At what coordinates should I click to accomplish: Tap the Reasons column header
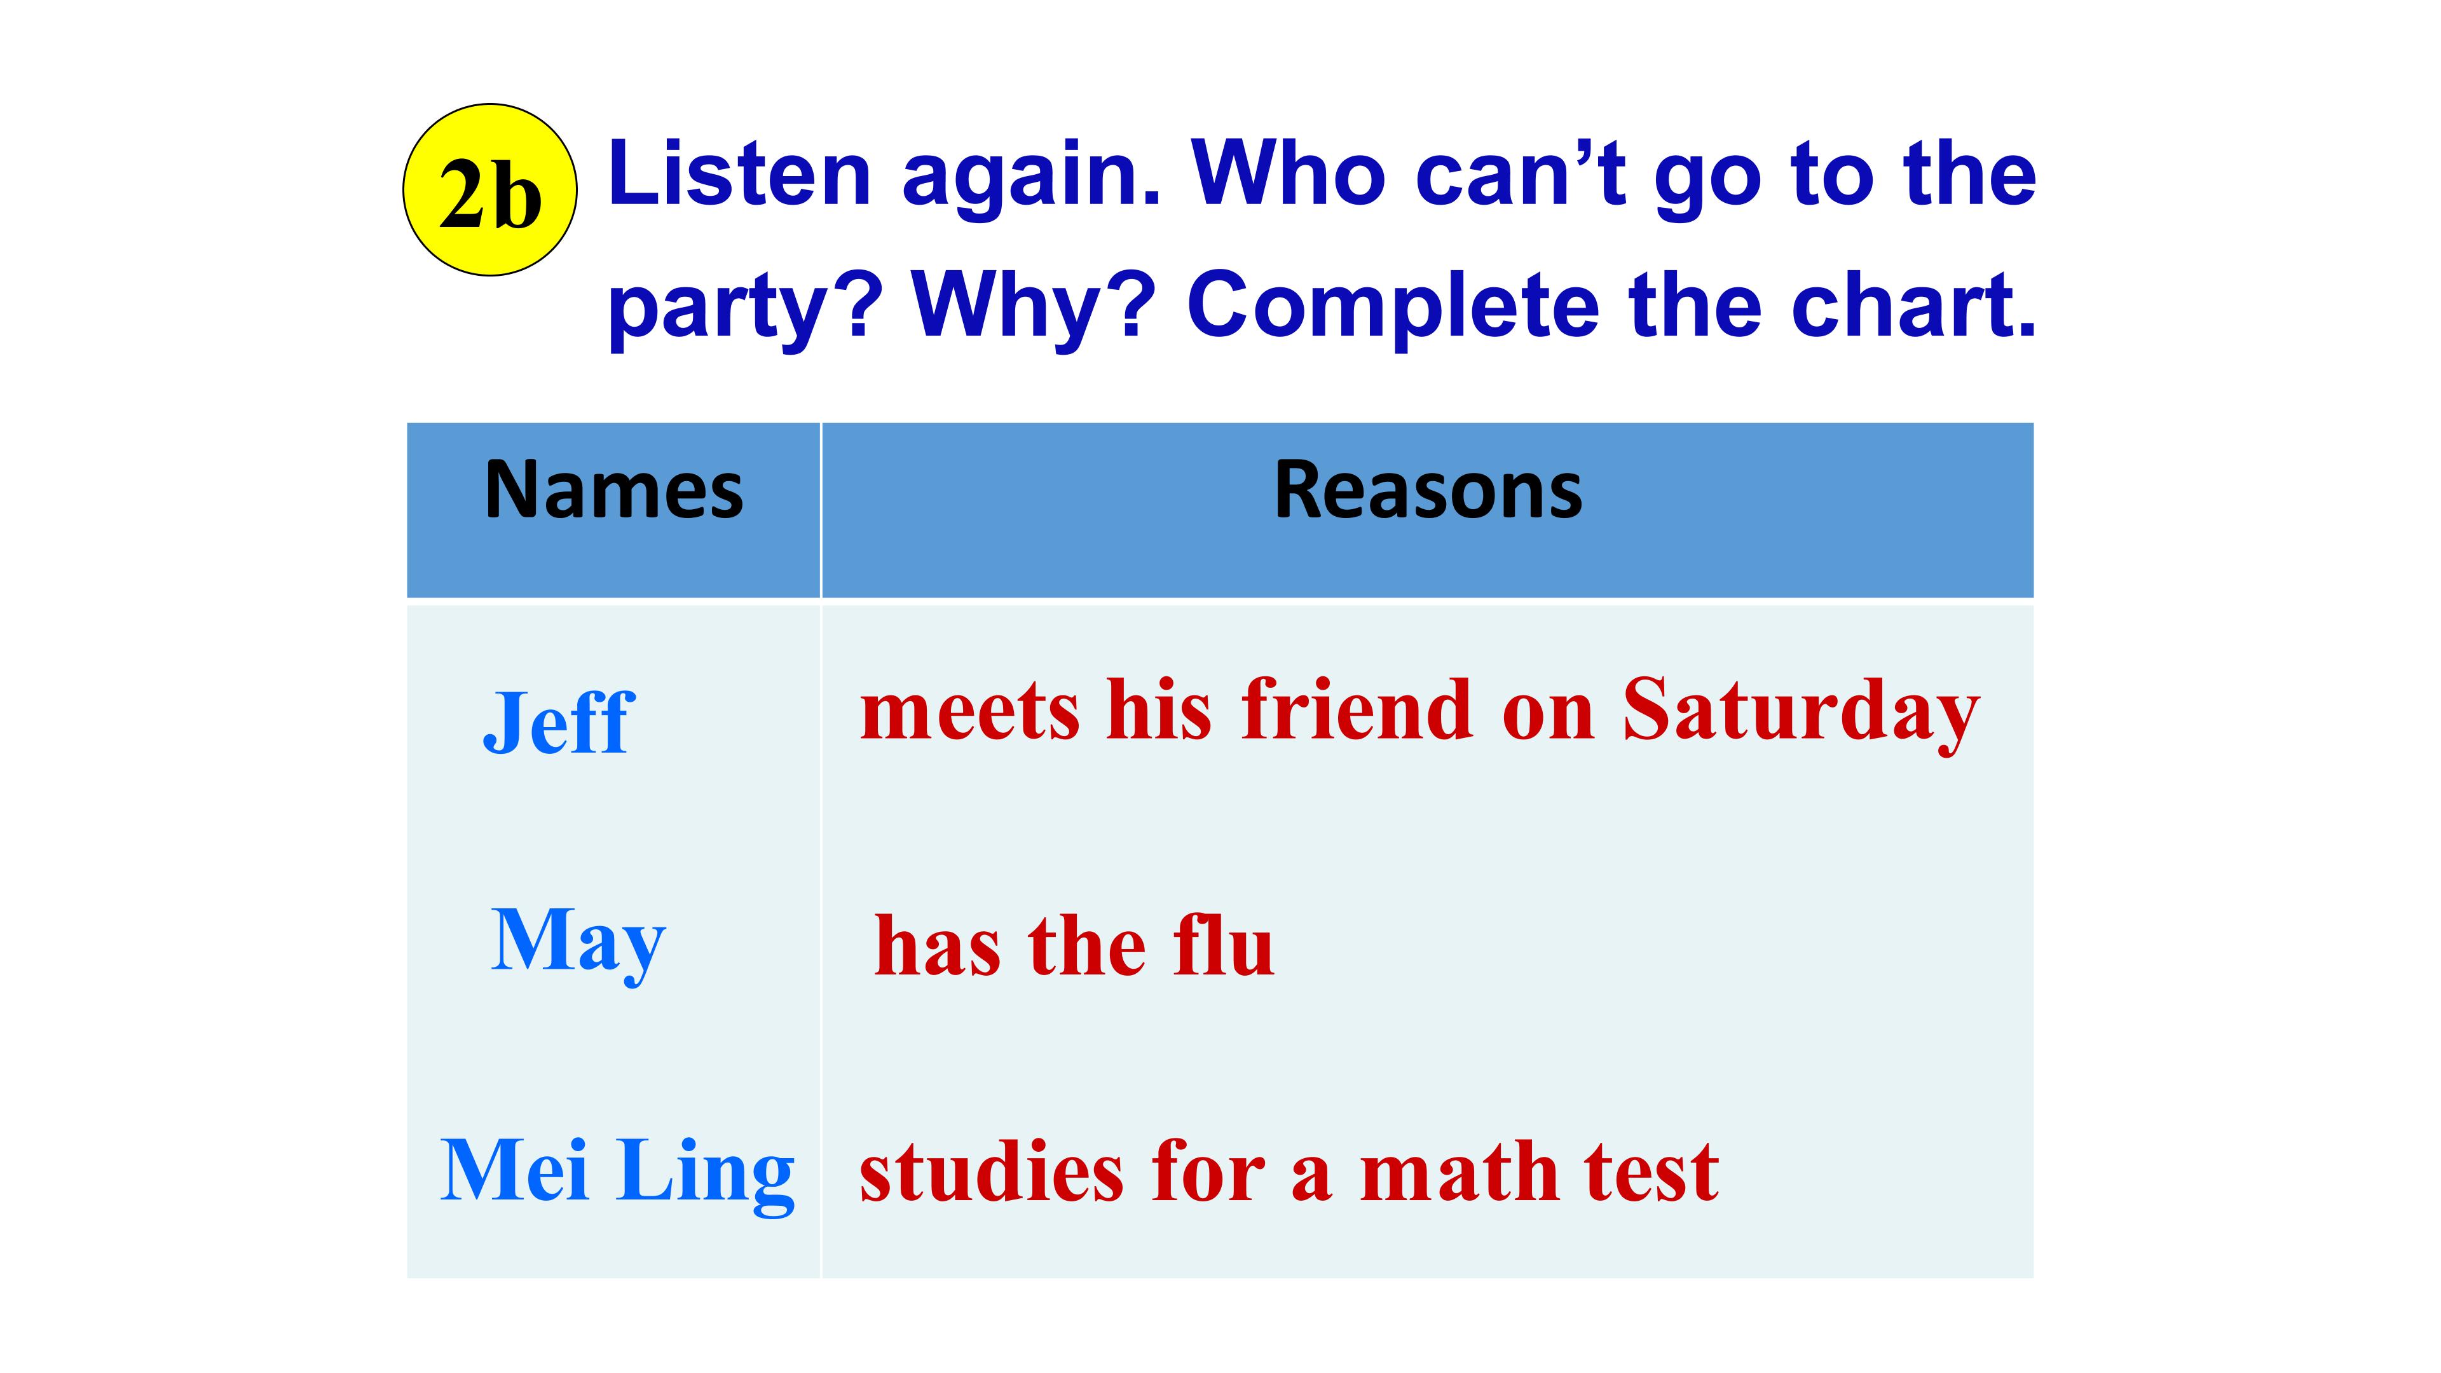[1428, 491]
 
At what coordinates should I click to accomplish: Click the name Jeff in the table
[558, 723]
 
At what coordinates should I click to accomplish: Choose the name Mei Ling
[617, 1172]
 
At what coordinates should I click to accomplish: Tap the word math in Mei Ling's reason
[1460, 1172]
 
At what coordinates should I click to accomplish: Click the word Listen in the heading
[739, 175]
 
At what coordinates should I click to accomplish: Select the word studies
[991, 1172]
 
